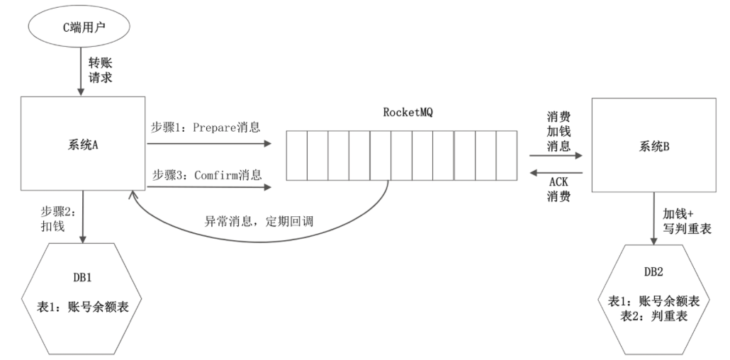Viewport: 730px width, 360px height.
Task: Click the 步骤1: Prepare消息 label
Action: [206, 128]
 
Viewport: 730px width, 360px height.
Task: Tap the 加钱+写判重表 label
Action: [682, 220]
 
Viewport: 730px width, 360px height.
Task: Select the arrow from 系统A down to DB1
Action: [84, 216]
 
